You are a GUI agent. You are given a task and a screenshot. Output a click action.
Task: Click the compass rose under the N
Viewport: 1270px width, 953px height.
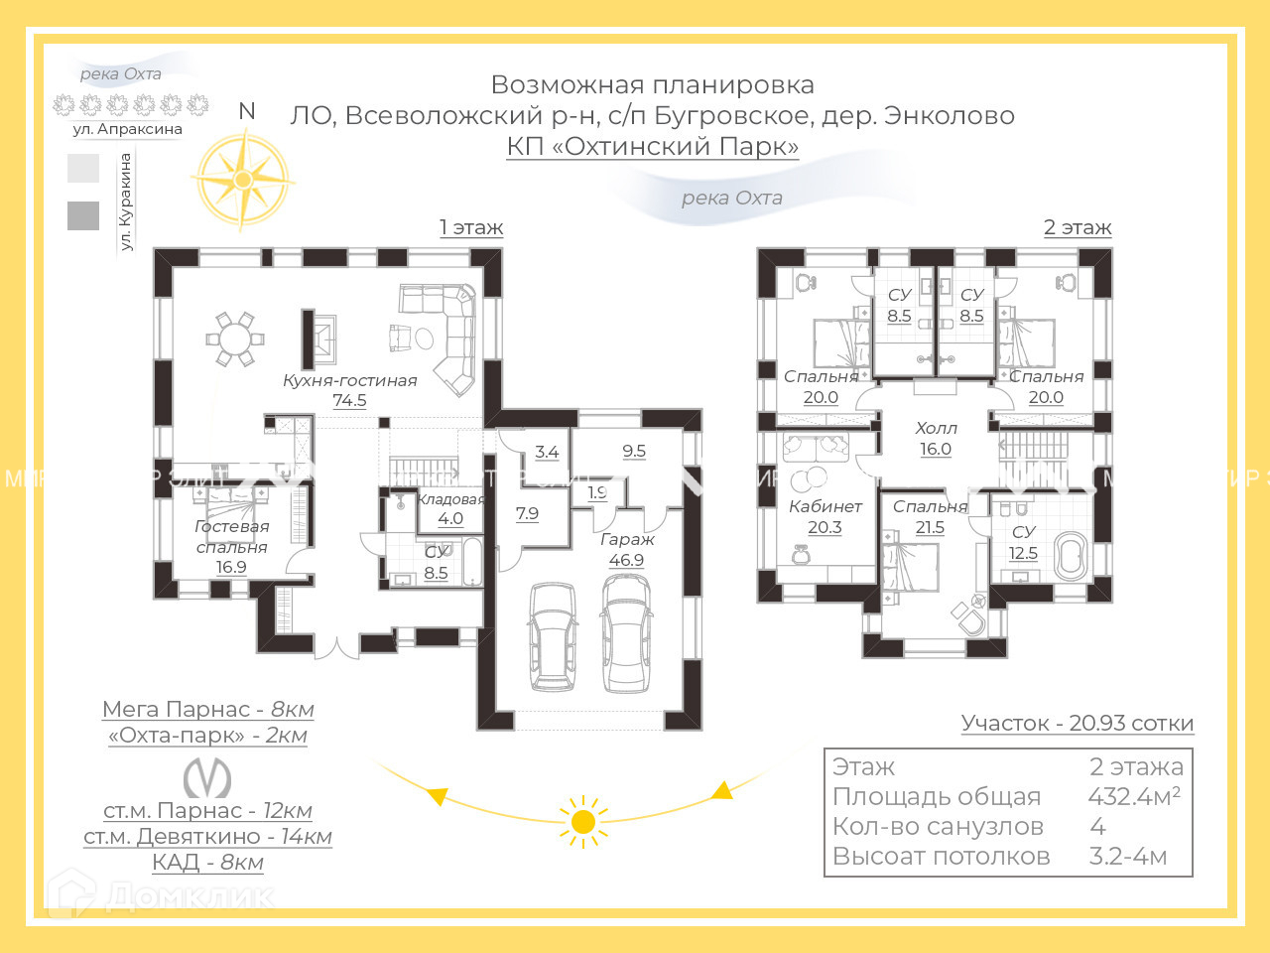coord(243,180)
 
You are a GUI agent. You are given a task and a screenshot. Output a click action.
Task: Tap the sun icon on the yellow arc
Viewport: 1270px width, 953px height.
coord(583,822)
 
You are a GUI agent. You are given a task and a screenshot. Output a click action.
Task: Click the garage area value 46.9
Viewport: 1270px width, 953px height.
coord(626,561)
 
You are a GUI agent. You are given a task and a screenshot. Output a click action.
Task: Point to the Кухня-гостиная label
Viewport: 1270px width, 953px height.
coord(349,380)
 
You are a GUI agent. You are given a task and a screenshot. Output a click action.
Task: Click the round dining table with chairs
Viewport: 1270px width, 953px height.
coord(235,339)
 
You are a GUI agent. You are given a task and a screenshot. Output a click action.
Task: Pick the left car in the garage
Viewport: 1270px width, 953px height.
coord(553,635)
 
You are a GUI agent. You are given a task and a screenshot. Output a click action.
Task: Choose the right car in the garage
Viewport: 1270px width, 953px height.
coord(626,633)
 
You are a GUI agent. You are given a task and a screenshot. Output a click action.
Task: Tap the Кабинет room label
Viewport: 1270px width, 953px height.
coord(825,506)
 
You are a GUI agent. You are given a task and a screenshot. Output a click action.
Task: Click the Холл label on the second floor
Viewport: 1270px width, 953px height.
coord(936,428)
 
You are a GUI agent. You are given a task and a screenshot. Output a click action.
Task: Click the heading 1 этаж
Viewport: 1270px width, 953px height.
coord(471,227)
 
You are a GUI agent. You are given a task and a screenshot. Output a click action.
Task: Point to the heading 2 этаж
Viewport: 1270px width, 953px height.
coord(1077,227)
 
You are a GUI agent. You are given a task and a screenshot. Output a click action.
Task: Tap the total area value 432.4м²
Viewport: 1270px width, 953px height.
coord(1133,796)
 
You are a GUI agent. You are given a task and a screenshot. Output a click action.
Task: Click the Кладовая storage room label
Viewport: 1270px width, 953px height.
coord(450,499)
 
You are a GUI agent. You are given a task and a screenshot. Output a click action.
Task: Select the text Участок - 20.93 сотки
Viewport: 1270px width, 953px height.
coord(1077,724)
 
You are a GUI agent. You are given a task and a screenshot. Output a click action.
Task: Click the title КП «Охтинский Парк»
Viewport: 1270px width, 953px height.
coord(652,146)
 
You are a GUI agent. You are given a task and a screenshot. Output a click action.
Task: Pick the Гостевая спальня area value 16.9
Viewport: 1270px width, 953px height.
coord(231,568)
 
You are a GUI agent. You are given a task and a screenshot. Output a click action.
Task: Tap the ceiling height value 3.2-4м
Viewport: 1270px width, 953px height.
coord(1127,856)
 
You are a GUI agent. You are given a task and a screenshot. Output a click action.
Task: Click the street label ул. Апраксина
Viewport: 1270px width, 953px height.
coord(127,129)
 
